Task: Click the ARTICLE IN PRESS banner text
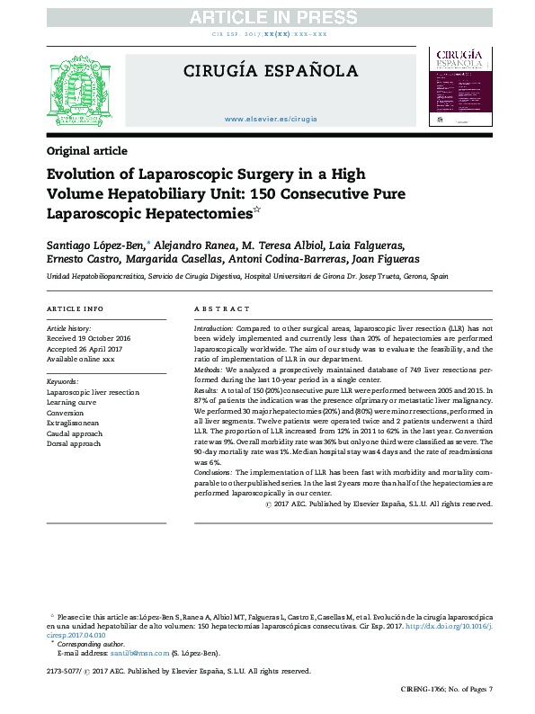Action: pos(268,17)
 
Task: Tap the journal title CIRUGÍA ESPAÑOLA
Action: pos(270,72)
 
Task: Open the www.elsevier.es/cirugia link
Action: pos(270,119)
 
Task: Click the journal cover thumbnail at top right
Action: pos(460,87)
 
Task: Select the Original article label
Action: pos(86,150)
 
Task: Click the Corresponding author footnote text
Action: pos(91,644)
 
